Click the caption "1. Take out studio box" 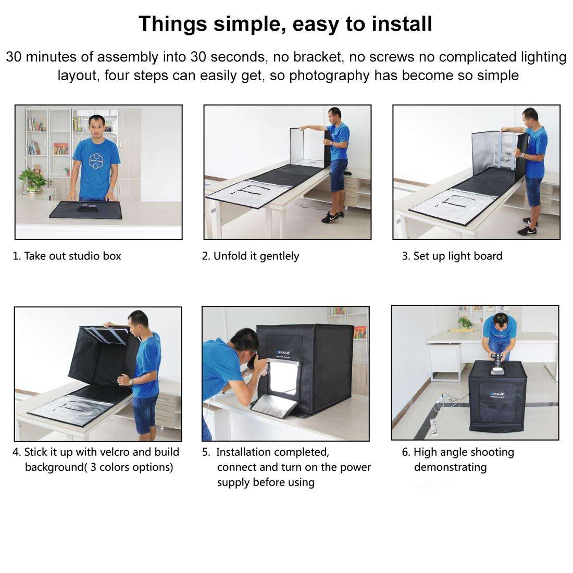(67, 256)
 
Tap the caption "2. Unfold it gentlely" (251, 256)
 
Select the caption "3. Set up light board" (452, 256)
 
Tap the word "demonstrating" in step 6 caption (450, 467)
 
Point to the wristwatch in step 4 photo (131, 381)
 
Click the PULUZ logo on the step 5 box (281, 352)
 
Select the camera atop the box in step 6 (499, 363)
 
